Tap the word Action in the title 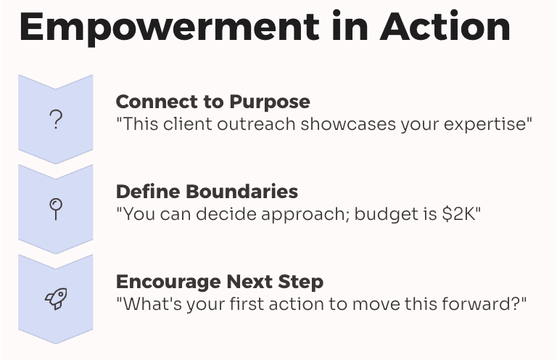point(445,26)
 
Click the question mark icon point(56,120)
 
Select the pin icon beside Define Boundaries point(56,209)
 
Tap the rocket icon point(56,298)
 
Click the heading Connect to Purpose point(213,102)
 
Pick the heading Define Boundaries point(207,192)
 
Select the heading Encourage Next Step point(220,282)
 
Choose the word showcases point(348,124)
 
